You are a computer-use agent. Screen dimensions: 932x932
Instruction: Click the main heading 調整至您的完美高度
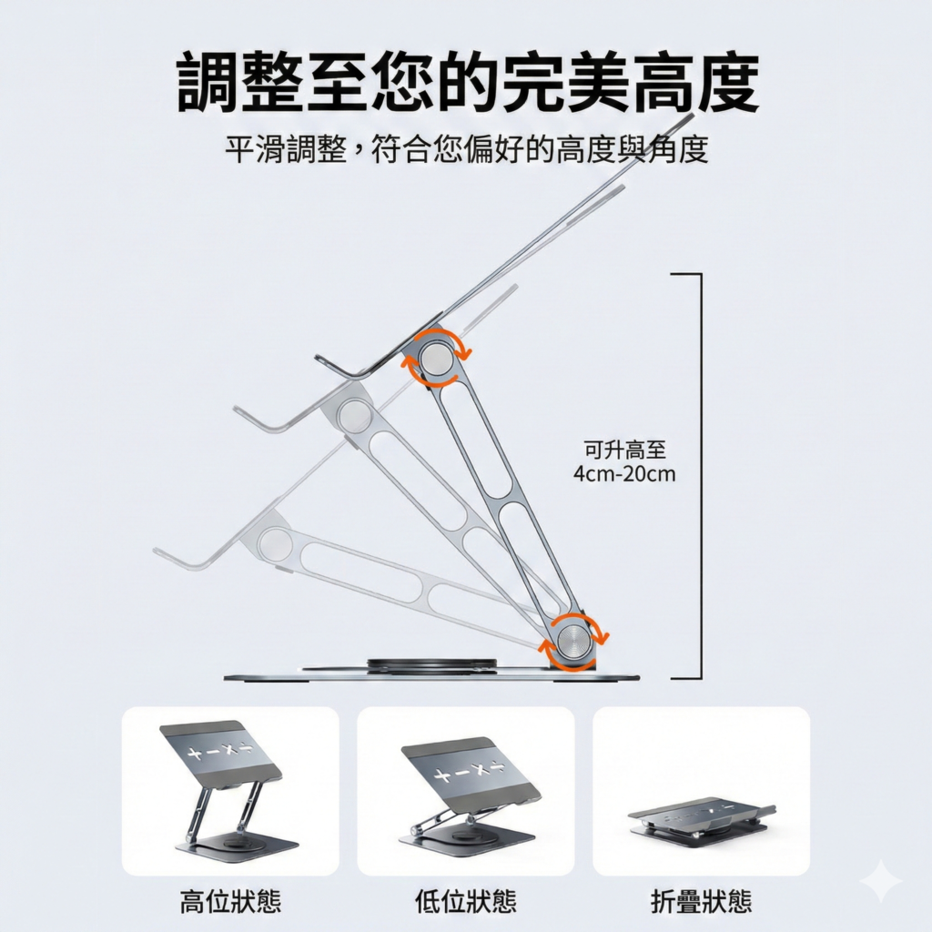pyautogui.click(x=468, y=83)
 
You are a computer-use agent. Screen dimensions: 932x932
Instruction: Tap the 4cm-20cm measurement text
pyautogui.click(x=624, y=474)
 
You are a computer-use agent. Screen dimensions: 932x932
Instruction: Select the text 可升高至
pyautogui.click(x=624, y=450)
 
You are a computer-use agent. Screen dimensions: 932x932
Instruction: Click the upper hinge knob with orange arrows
pyautogui.click(x=437, y=359)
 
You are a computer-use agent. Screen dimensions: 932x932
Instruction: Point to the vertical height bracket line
pyautogui.click(x=701, y=475)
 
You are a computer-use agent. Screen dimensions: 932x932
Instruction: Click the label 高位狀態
pyautogui.click(x=230, y=900)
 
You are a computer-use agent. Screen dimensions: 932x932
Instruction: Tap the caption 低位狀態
pyautogui.click(x=466, y=900)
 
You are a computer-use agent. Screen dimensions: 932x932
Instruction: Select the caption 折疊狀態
pyautogui.click(x=702, y=900)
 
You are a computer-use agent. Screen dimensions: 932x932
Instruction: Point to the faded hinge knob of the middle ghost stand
pyautogui.click(x=356, y=415)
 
